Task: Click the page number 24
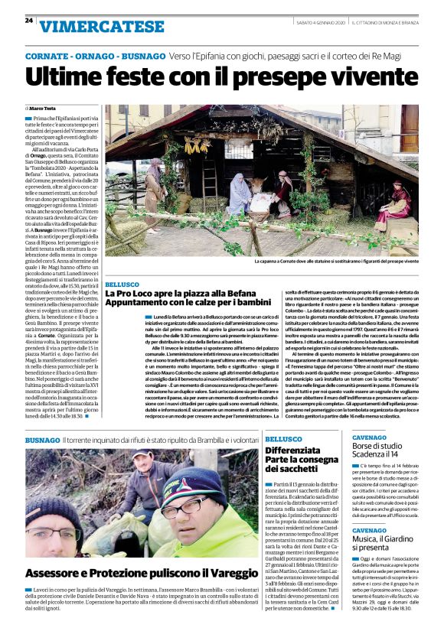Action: coord(28,21)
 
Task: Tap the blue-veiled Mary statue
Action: coord(239,197)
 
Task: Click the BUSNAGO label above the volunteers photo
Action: coord(42,441)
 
